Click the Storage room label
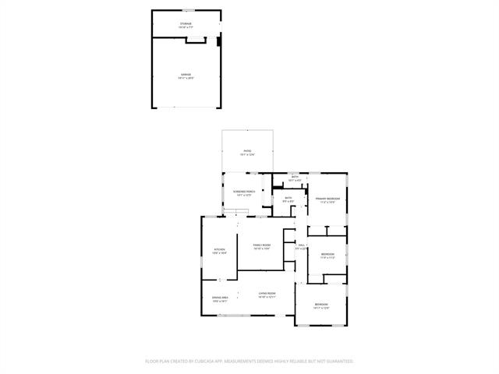(186, 24)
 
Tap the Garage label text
(186, 75)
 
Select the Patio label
(247, 151)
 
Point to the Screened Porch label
(245, 191)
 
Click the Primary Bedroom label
(327, 199)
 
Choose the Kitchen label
(220, 249)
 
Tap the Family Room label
(261, 245)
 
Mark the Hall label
(301, 245)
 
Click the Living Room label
(267, 294)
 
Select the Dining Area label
(220, 298)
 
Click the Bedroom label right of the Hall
(327, 254)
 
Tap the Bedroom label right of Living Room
(321, 304)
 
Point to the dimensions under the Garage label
(186, 79)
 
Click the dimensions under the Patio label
(247, 155)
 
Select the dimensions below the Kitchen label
(220, 253)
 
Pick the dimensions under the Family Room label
(261, 249)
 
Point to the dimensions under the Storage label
(186, 28)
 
